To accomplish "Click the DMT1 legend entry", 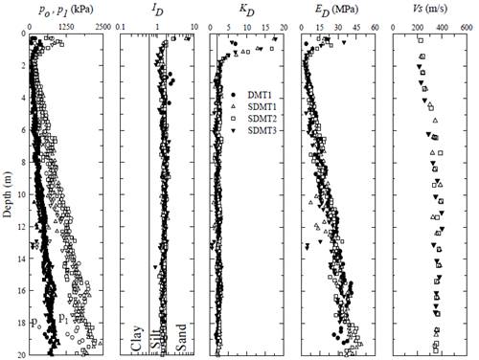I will tap(257, 93).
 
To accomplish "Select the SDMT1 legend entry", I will tap(260, 105).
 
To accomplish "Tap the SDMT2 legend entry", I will tap(260, 118).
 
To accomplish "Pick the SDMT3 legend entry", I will tap(260, 130).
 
